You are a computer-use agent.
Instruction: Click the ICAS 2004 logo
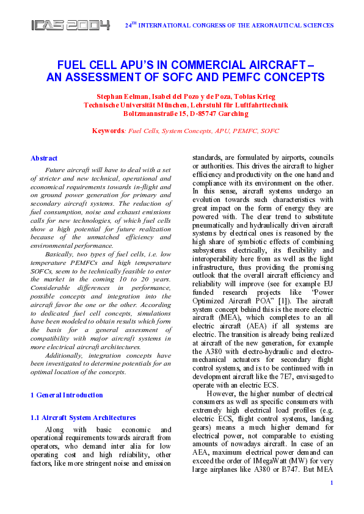[x=71, y=25]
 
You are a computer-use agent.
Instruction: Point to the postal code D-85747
[x=202, y=114]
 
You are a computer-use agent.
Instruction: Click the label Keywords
[x=108, y=131]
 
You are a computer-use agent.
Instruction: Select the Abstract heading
[x=44, y=158]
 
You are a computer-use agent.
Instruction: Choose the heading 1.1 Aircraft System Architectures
[x=83, y=418]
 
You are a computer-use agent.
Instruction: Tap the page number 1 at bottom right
[x=331, y=500]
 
